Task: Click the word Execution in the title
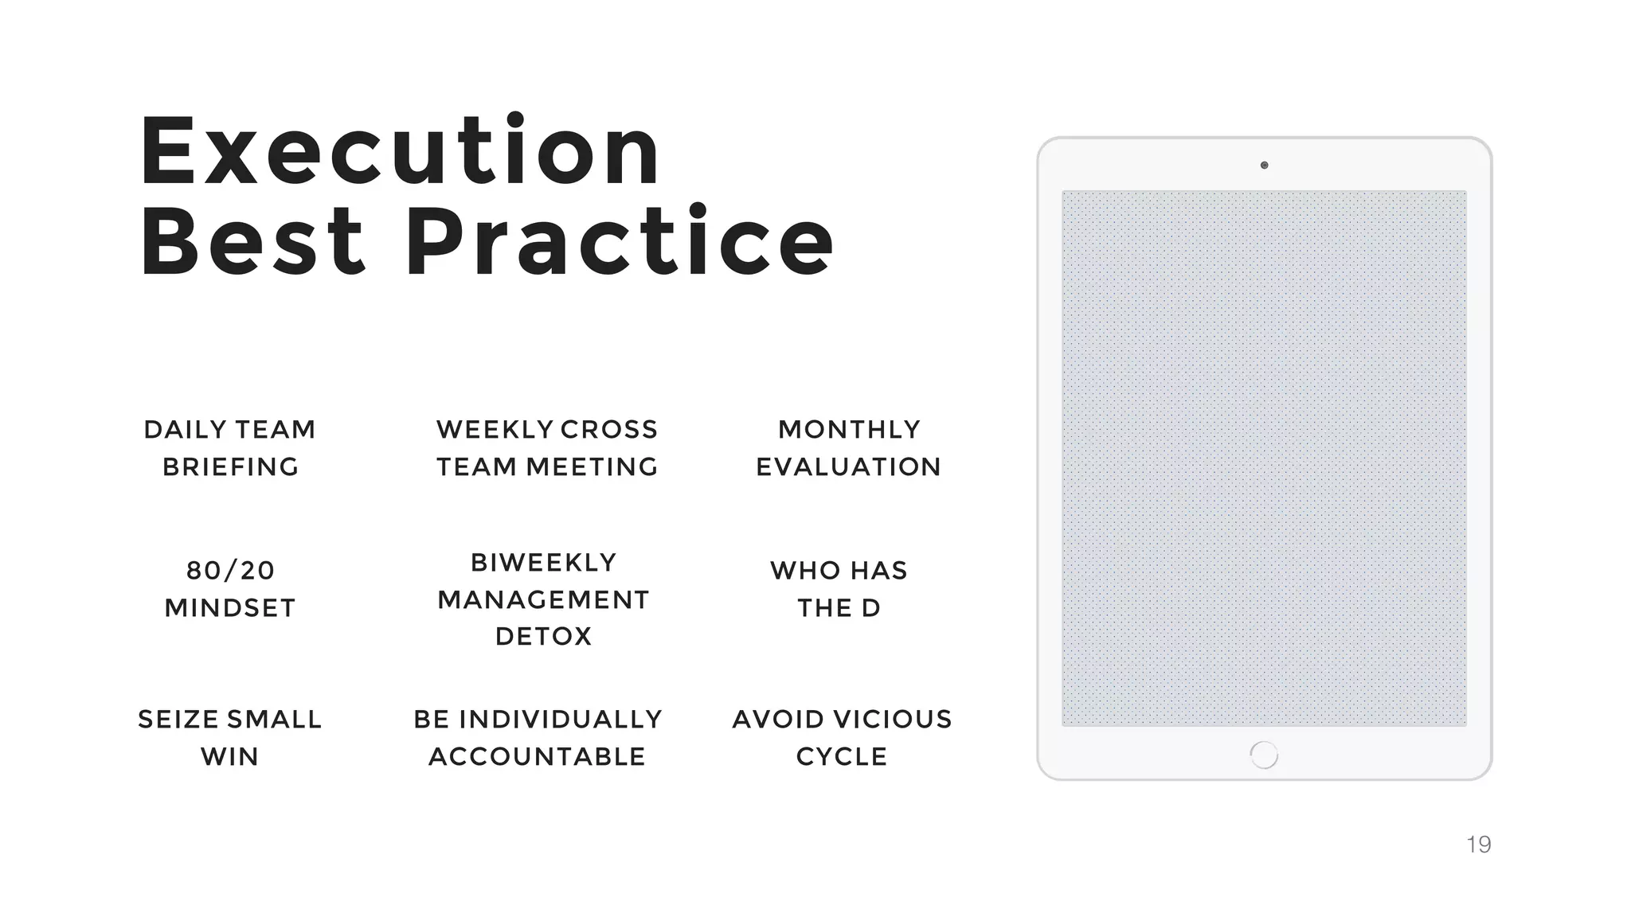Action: [400, 151]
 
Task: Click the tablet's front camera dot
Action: [1264, 166]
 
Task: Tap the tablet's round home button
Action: [1264, 755]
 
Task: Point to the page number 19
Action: [1478, 845]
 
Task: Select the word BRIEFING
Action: [230, 467]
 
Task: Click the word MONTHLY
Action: [849, 430]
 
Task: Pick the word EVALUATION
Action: [849, 467]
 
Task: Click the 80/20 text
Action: [230, 571]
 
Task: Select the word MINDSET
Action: [230, 608]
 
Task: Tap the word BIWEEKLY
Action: [544, 563]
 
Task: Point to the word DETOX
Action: [544, 637]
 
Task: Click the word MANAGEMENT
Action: [544, 599]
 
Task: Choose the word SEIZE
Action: [178, 720]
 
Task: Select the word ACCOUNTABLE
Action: [538, 757]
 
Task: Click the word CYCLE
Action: [842, 757]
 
